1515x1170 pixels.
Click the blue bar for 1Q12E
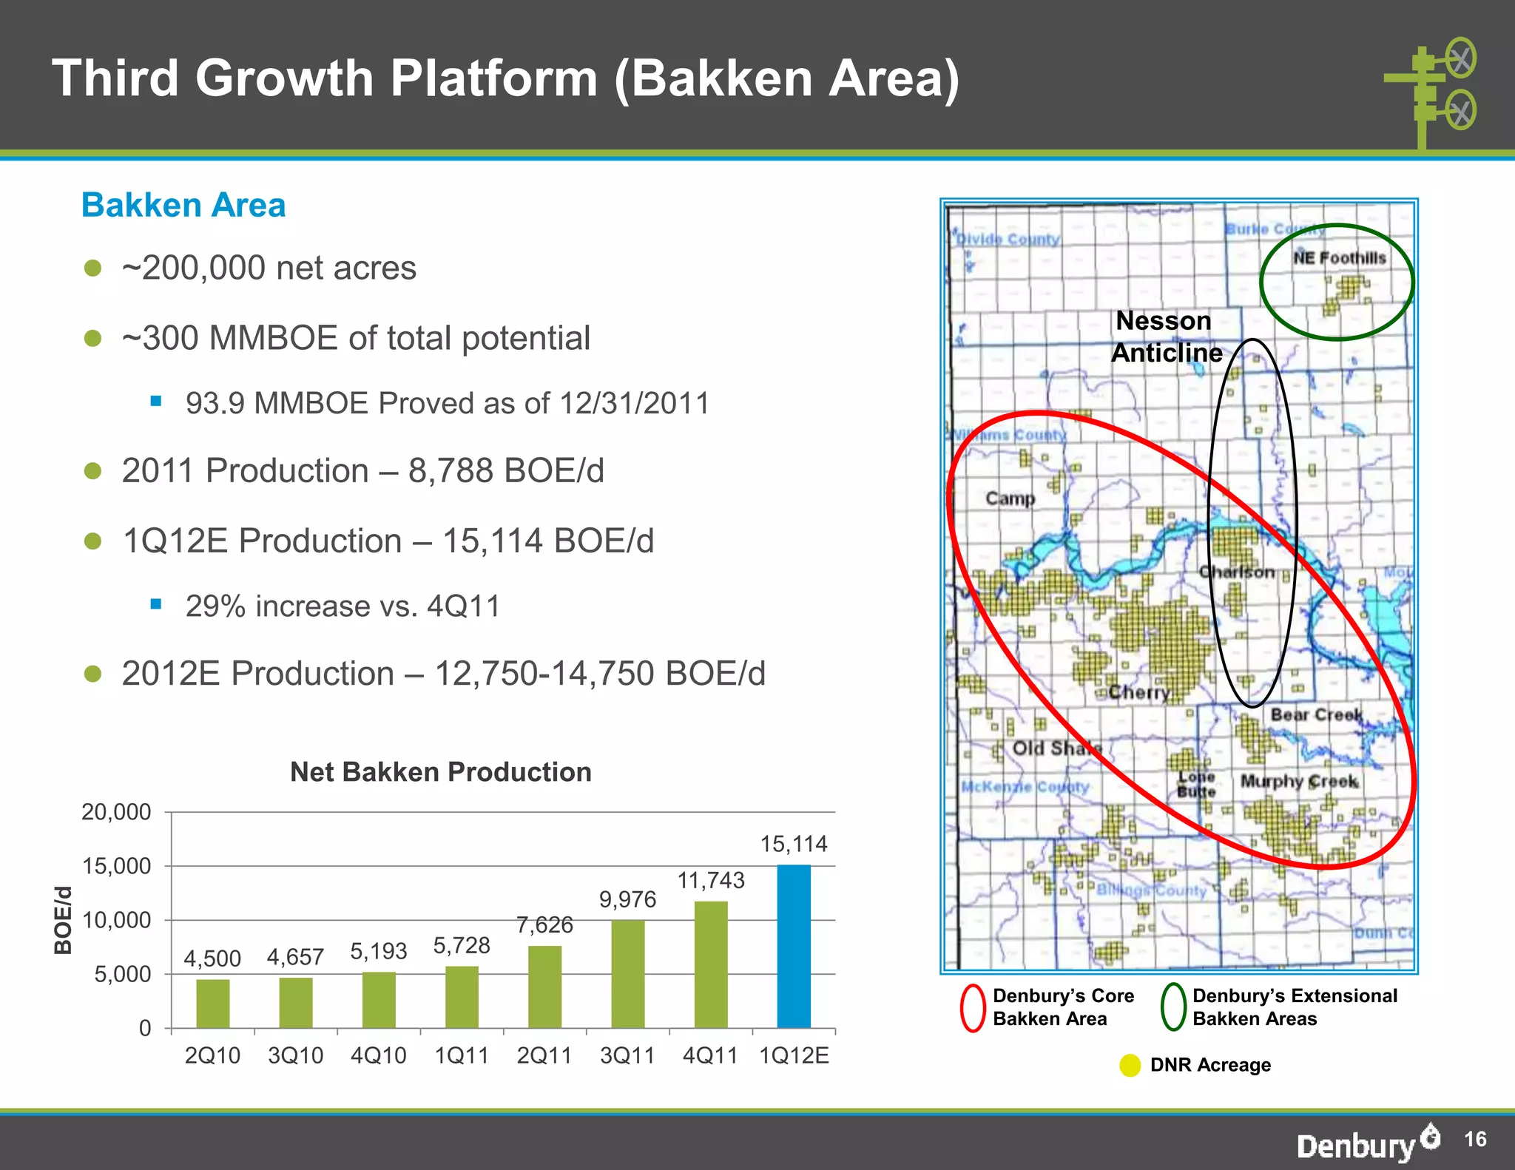point(794,946)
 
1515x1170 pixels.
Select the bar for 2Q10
point(213,1004)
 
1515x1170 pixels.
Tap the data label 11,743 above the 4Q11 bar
point(711,880)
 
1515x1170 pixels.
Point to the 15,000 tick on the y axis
point(115,866)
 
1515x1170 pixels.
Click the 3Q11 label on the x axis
point(627,1055)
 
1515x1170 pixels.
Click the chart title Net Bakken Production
point(441,772)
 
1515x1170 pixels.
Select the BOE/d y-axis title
point(64,920)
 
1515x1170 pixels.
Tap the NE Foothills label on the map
point(1339,258)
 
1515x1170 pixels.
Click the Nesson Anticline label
point(1166,337)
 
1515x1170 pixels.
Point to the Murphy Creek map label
point(1299,781)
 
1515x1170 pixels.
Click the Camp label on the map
point(1010,498)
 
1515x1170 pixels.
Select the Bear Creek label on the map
point(1317,714)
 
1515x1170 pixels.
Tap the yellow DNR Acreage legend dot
point(1130,1066)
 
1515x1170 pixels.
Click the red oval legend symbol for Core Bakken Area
point(973,1007)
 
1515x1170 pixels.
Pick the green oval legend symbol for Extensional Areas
point(1173,1007)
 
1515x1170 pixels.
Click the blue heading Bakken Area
point(183,205)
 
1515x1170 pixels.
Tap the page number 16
point(1474,1139)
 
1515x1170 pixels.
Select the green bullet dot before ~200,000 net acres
point(92,268)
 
